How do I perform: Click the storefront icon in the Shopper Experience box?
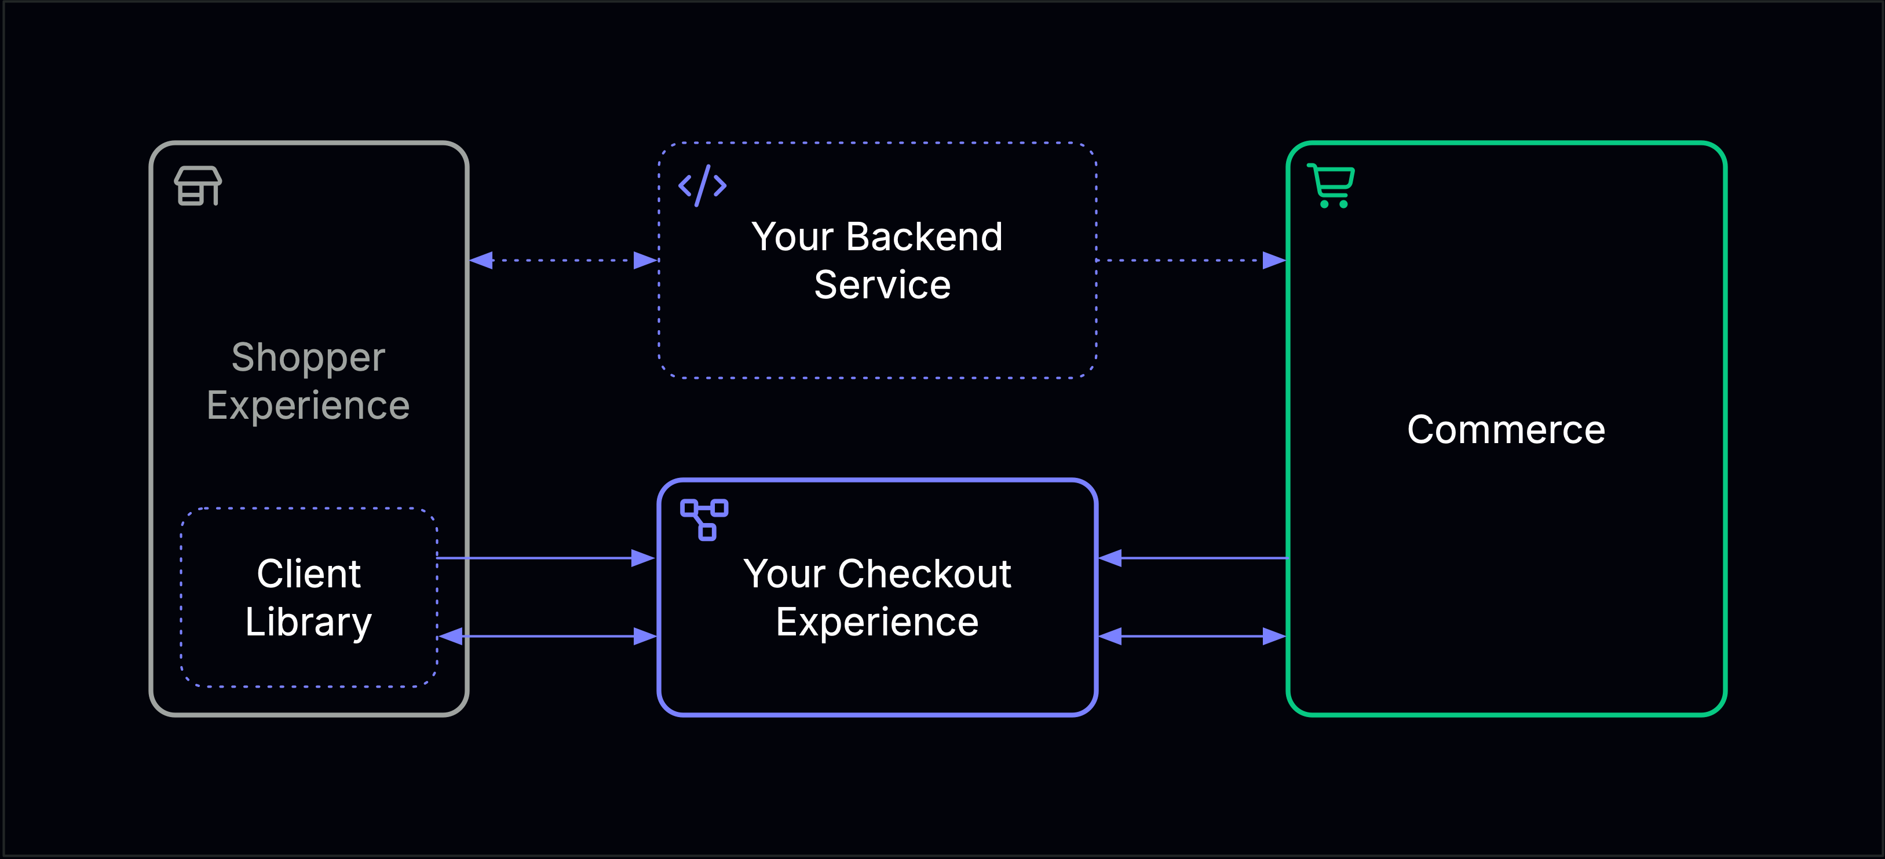[198, 186]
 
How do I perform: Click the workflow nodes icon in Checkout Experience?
[704, 520]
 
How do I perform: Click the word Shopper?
[308, 359]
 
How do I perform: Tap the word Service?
[882, 284]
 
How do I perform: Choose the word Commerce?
[1506, 430]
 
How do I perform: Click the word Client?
[308, 573]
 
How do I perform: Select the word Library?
[308, 622]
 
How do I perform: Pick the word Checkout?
[924, 573]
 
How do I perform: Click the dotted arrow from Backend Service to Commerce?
[1185, 261]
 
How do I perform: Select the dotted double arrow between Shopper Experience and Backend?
[564, 261]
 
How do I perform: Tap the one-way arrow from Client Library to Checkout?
[545, 558]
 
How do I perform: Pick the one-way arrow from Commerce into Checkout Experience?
[1193, 558]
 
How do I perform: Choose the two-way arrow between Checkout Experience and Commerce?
[1193, 637]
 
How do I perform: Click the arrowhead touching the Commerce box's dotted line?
[1274, 261]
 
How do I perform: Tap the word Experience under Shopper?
[308, 406]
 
